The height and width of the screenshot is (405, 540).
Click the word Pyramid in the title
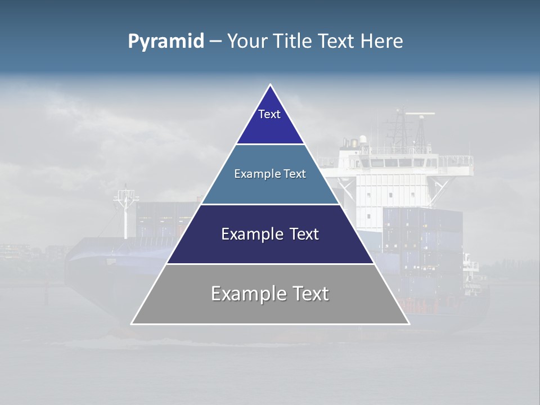[x=166, y=41]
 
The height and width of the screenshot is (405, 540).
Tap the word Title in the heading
[x=292, y=41]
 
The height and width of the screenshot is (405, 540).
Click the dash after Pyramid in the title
[x=215, y=41]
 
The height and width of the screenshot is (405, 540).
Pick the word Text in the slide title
[x=336, y=41]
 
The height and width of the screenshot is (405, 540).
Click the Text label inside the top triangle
[x=269, y=114]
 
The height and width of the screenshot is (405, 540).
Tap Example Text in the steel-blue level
[x=270, y=174]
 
